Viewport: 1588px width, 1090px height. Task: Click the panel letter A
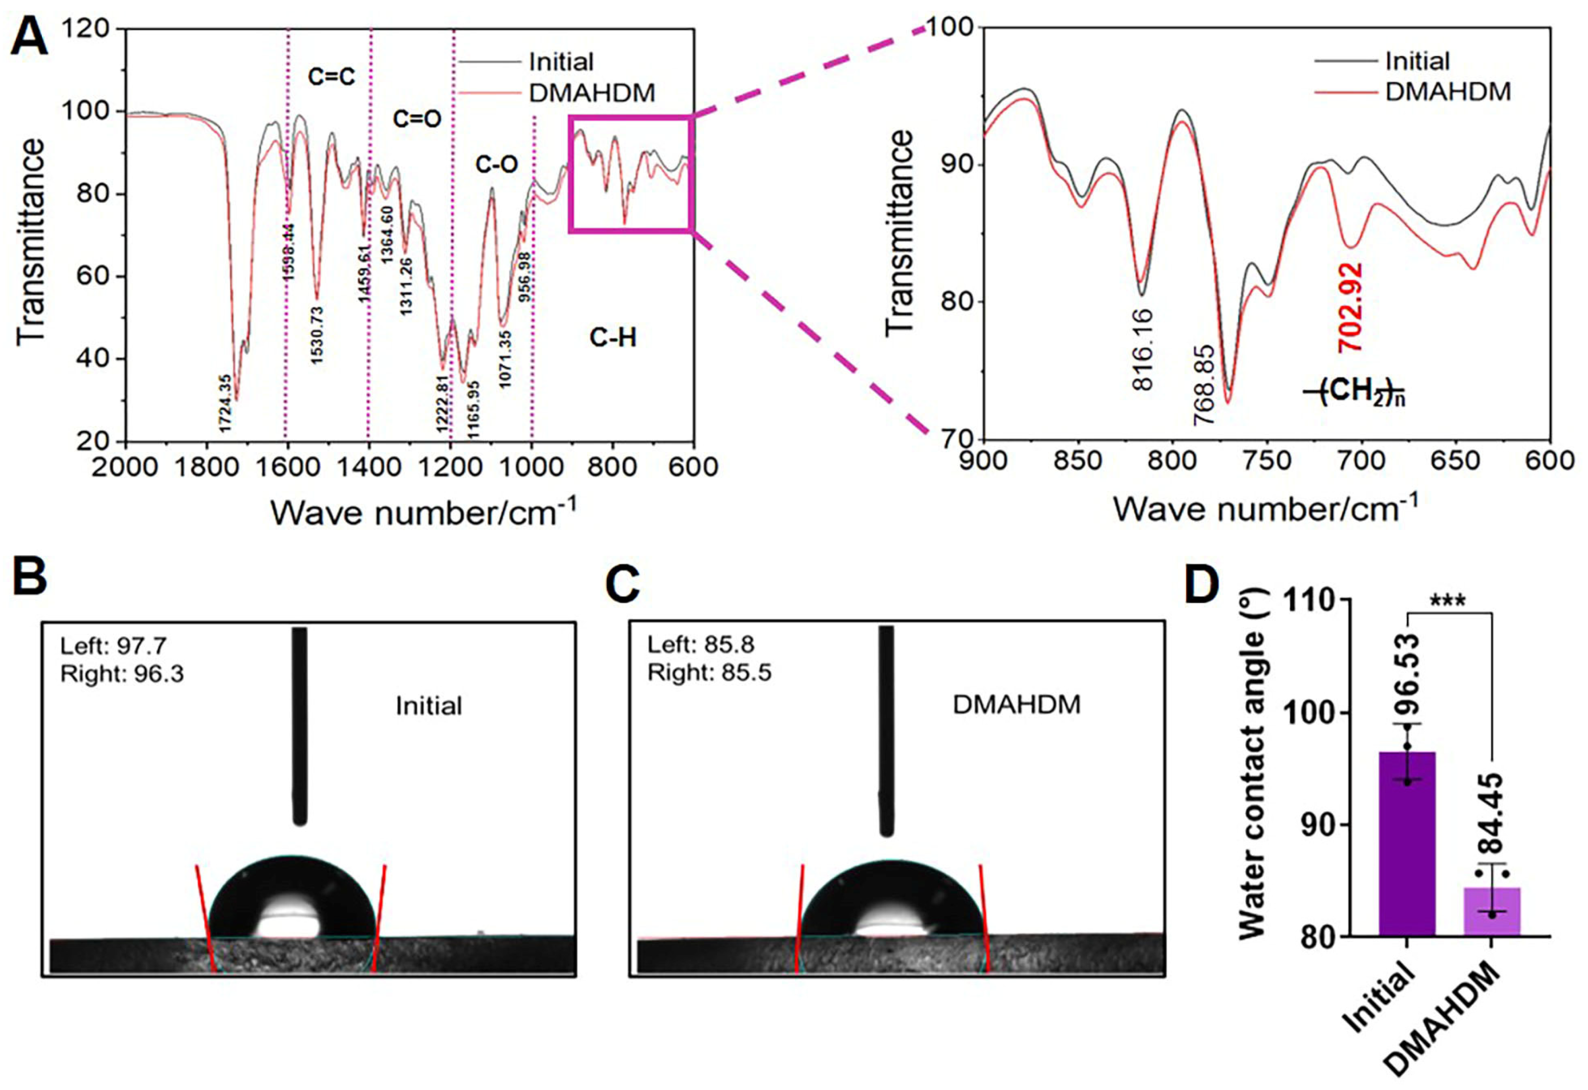click(29, 37)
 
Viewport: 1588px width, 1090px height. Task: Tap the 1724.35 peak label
click(226, 403)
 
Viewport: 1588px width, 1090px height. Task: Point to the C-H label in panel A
click(613, 338)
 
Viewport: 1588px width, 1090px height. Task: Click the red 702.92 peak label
click(1350, 307)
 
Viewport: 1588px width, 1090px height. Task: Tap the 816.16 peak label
click(1142, 350)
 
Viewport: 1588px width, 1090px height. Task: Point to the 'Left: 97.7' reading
click(114, 645)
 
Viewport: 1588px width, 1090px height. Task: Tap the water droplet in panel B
click(292, 896)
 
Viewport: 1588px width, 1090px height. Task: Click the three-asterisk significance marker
click(1447, 602)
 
